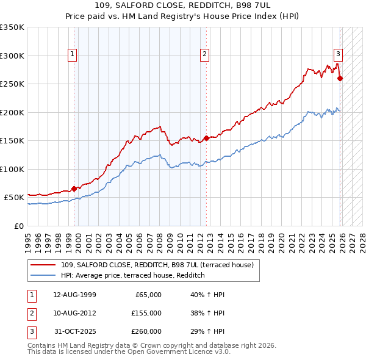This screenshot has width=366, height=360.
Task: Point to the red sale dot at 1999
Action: point(74,189)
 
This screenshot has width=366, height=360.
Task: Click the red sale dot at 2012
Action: point(206,138)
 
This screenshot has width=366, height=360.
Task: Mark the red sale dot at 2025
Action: point(340,78)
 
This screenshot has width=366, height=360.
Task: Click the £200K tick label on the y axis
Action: point(12,112)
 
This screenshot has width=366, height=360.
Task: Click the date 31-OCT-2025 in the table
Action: point(74,331)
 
